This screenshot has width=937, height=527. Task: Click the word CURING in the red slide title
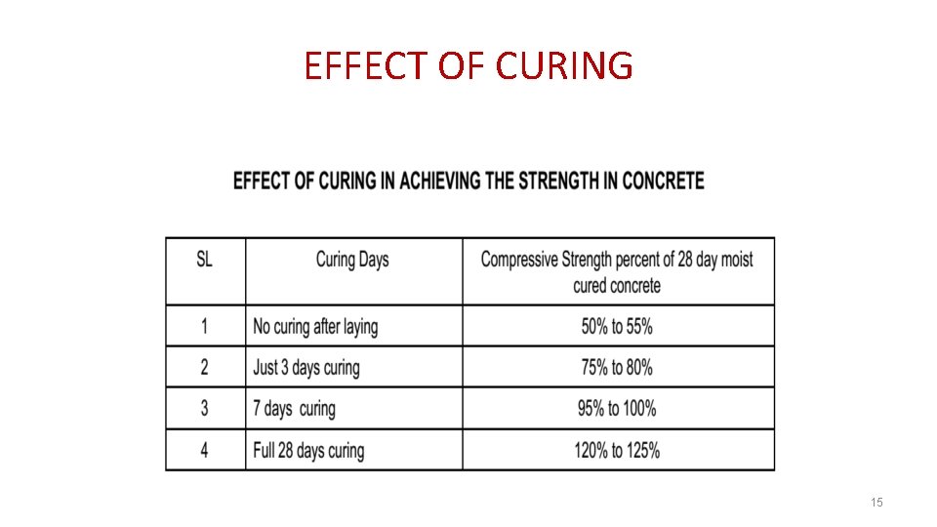click(x=564, y=66)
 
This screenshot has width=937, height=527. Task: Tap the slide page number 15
click(x=876, y=502)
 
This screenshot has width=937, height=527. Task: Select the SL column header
click(x=204, y=260)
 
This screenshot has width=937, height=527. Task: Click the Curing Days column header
click(x=352, y=260)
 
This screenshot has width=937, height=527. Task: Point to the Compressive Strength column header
click(x=617, y=272)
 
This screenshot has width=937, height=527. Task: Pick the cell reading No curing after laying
click(x=315, y=327)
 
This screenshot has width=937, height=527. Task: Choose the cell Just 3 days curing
click(x=306, y=368)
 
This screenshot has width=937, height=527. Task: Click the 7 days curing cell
click(x=294, y=408)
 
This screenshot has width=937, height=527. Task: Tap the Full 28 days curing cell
click(x=308, y=450)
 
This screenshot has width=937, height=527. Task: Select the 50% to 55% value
click(x=617, y=327)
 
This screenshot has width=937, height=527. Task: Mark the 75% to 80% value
click(x=617, y=368)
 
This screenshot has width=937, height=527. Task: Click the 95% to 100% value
click(x=617, y=408)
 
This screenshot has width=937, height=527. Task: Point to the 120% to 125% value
click(x=617, y=450)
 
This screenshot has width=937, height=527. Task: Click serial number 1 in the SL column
click(x=204, y=327)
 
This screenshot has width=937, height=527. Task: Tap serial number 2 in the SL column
click(x=204, y=368)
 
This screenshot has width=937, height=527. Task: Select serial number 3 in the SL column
click(x=204, y=408)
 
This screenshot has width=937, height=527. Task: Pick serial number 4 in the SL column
click(x=204, y=450)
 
